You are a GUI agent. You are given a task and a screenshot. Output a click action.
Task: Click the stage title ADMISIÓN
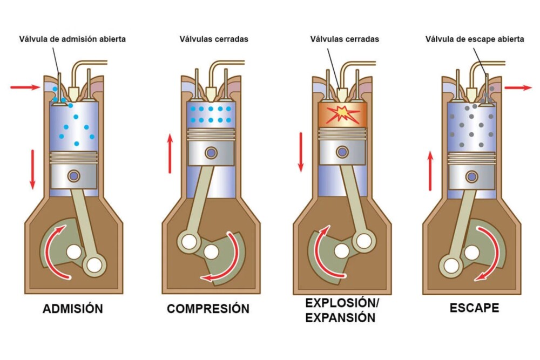[73, 308]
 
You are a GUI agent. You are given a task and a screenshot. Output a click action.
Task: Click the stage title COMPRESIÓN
[208, 308]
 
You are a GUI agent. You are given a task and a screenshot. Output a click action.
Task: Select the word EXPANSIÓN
[340, 318]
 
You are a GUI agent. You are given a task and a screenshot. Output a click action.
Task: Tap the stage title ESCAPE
[474, 308]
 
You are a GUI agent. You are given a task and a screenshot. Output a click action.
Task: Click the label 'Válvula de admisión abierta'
[72, 39]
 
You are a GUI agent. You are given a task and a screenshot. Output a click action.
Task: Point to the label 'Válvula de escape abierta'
[475, 39]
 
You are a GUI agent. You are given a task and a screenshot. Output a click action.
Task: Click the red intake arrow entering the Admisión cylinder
[25, 87]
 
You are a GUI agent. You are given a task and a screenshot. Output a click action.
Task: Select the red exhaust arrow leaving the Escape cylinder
[518, 88]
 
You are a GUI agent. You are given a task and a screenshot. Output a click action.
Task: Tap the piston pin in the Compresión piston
[211, 152]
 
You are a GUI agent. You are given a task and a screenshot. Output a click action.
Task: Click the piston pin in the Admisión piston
[73, 176]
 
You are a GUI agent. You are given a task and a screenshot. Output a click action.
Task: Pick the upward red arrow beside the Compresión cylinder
[170, 153]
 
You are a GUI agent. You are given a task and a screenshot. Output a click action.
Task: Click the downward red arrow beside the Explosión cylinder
[301, 152]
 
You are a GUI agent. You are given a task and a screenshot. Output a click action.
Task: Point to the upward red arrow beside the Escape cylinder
[430, 171]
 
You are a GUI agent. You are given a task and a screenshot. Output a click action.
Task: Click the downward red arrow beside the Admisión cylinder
[32, 169]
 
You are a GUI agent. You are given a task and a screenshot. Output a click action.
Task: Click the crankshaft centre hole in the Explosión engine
[341, 252]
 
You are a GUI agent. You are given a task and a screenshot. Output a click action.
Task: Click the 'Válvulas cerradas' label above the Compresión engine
[214, 39]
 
